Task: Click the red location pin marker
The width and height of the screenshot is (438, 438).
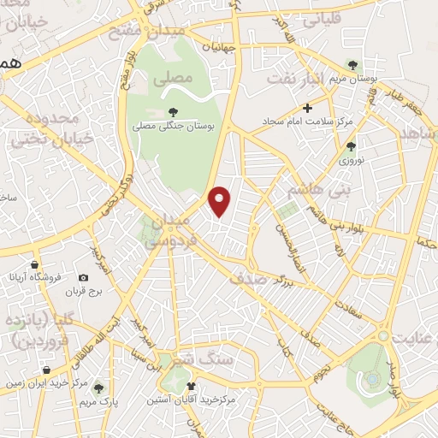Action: (x=221, y=201)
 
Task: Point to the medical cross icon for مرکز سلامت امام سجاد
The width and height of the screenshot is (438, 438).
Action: (x=307, y=108)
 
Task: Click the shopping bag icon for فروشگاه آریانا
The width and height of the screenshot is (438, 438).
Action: (x=33, y=264)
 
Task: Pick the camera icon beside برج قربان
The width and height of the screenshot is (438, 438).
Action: (x=83, y=277)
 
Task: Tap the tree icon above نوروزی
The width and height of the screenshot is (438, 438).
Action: (x=350, y=147)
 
